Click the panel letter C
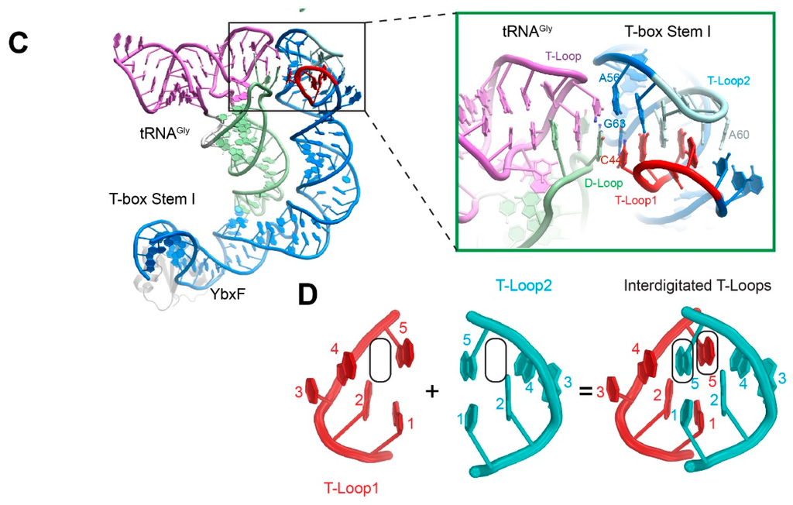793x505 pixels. pos(19,43)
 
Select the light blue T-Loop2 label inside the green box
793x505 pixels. pos(728,80)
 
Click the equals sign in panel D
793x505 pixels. pos(586,392)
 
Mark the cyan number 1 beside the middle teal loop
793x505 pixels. pos(462,419)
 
